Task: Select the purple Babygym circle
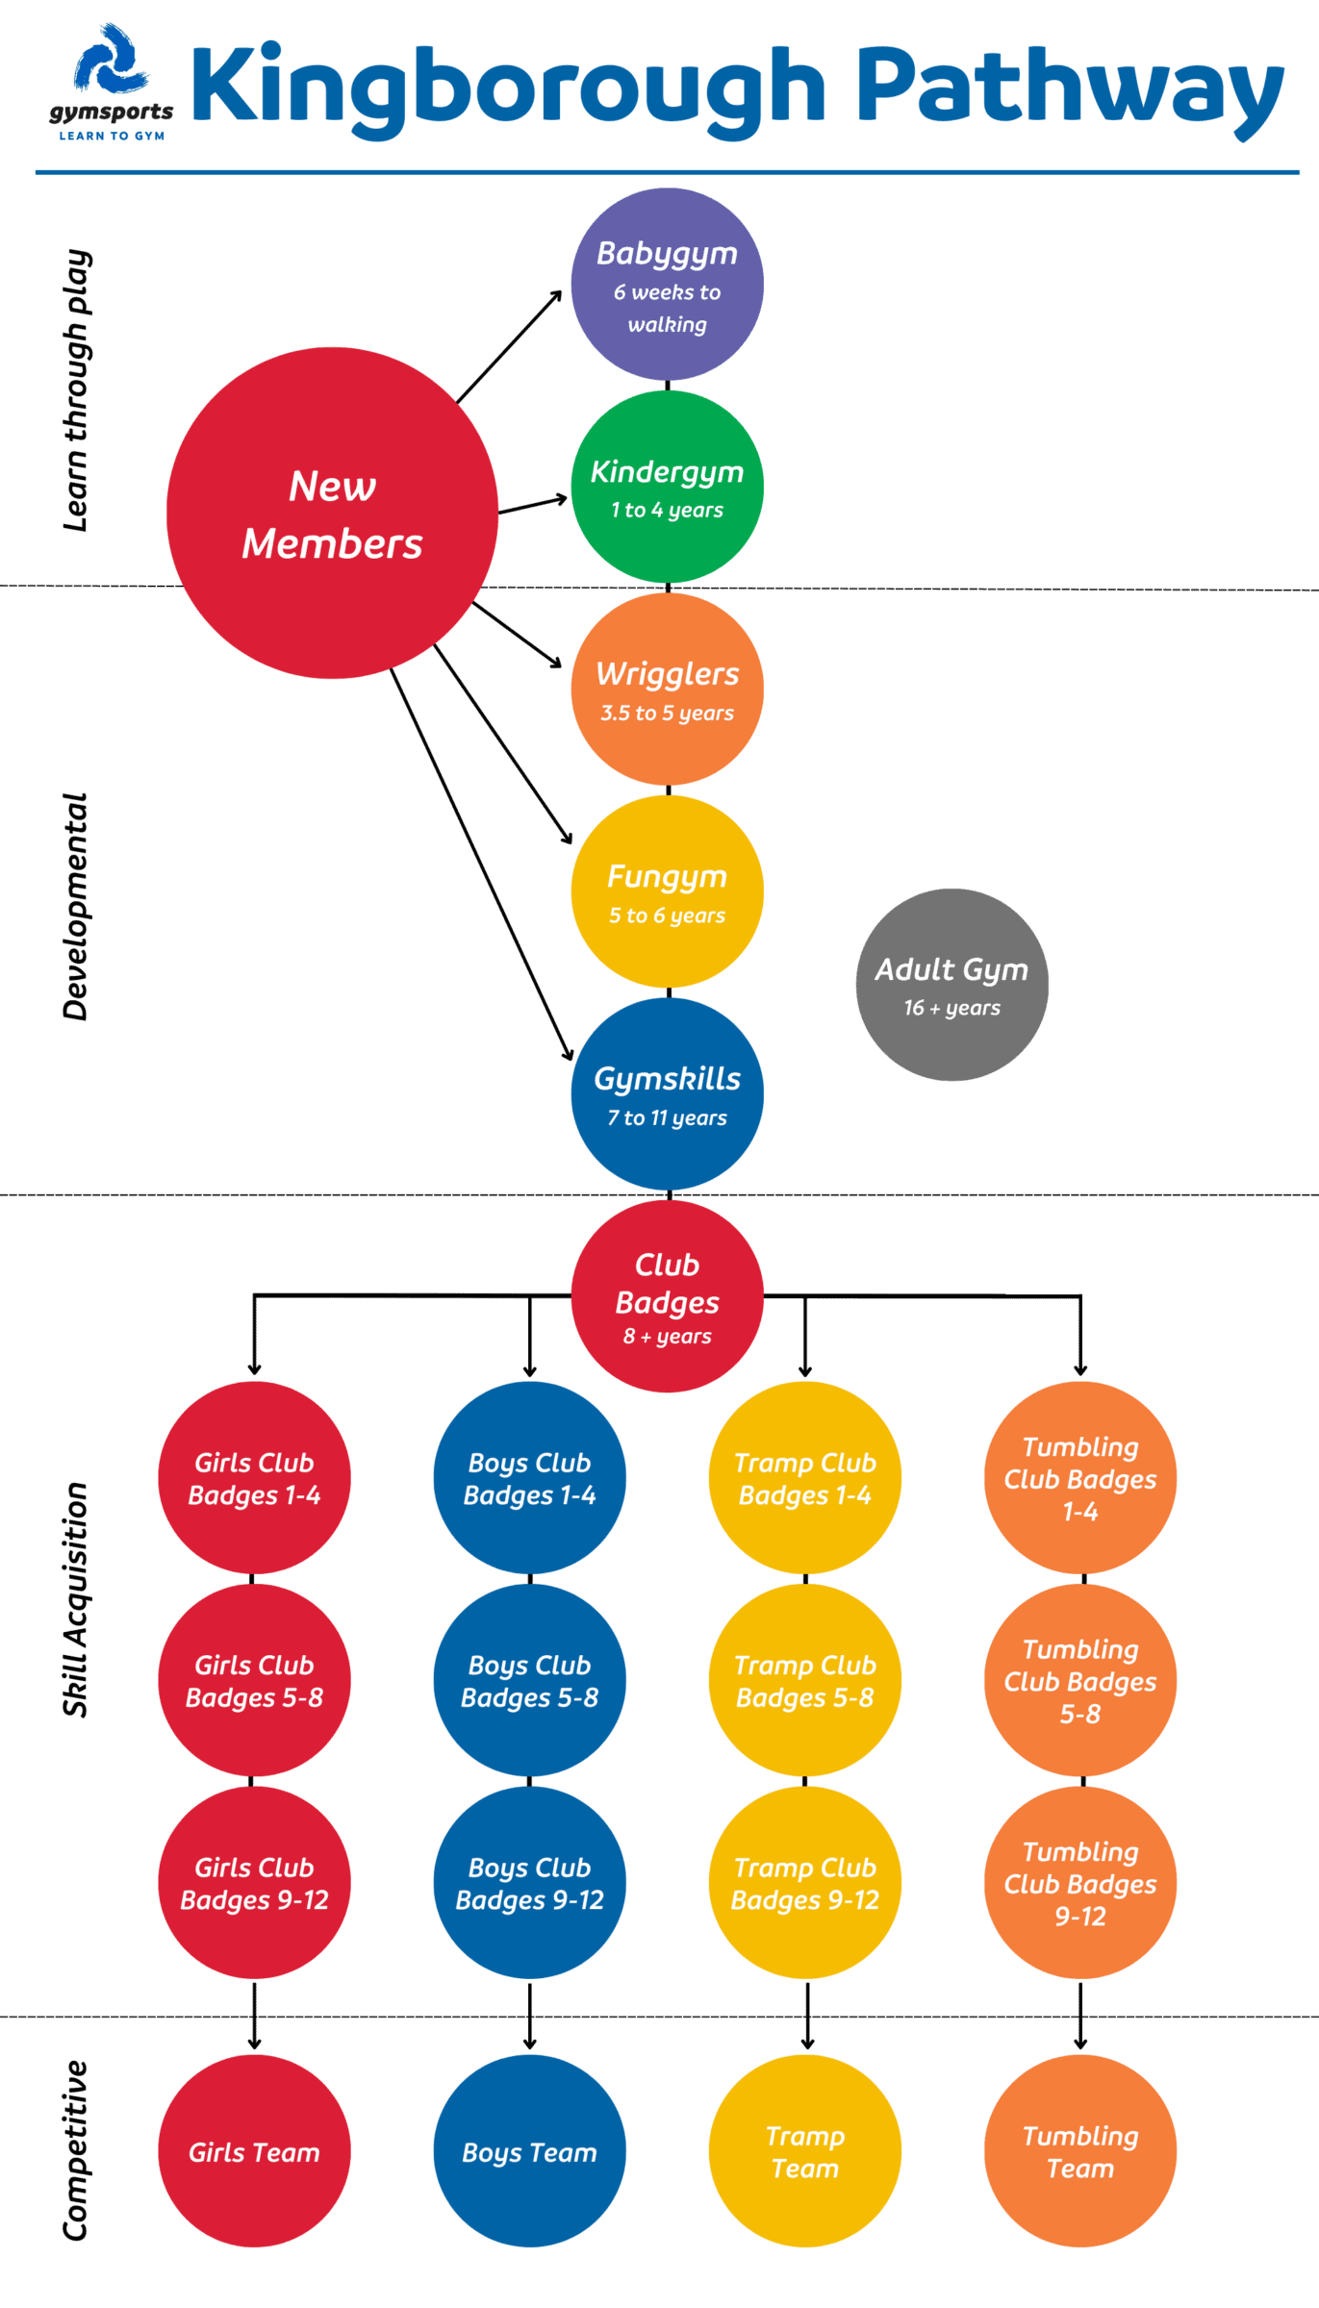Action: point(667,285)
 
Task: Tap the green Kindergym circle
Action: point(667,488)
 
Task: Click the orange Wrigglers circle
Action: point(667,690)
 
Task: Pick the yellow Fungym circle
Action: point(667,891)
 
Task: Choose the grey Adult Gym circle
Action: point(951,985)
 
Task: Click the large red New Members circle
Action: point(332,514)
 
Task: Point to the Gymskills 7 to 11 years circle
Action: point(667,1094)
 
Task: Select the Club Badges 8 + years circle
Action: point(667,1296)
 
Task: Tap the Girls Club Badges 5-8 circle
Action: point(254,1680)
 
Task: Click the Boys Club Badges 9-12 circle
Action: point(529,1882)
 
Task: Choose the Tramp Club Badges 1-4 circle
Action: point(805,1478)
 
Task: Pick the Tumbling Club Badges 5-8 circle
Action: point(1080,1680)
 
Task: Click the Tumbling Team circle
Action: point(1080,2151)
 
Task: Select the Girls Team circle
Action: point(254,2151)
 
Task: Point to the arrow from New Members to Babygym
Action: point(509,346)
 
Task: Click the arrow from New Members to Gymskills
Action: point(481,865)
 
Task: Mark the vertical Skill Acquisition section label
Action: point(76,1599)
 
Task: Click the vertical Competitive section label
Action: point(76,2150)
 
